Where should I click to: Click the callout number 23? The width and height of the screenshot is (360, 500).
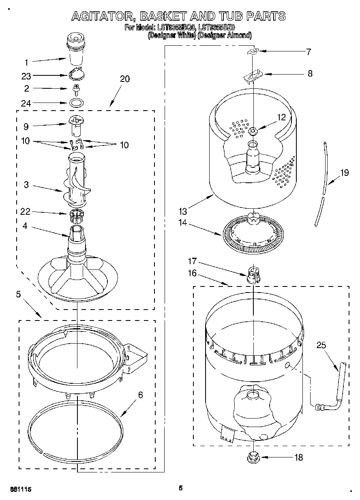(x=26, y=76)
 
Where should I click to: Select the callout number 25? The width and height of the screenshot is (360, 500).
(x=321, y=345)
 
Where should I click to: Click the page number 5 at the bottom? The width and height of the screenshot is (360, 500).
(x=181, y=488)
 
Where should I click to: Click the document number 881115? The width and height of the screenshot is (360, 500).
(x=20, y=489)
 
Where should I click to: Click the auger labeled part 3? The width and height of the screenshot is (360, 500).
(x=77, y=182)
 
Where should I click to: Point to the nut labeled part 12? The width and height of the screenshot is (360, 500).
(x=252, y=130)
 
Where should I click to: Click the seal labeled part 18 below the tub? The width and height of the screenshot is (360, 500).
(x=253, y=457)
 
